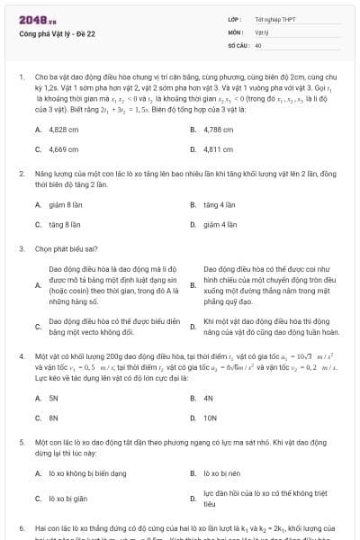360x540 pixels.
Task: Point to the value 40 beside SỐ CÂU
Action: coord(258,44)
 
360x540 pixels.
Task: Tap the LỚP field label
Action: coord(235,18)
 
